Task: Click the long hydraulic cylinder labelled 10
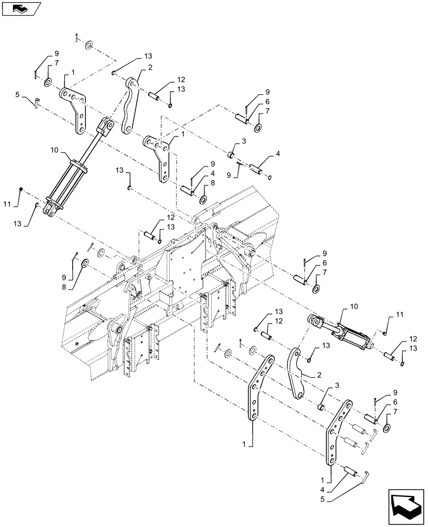pos(76,167)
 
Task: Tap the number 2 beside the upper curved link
pos(151,67)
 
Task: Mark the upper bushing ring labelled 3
pos(231,155)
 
